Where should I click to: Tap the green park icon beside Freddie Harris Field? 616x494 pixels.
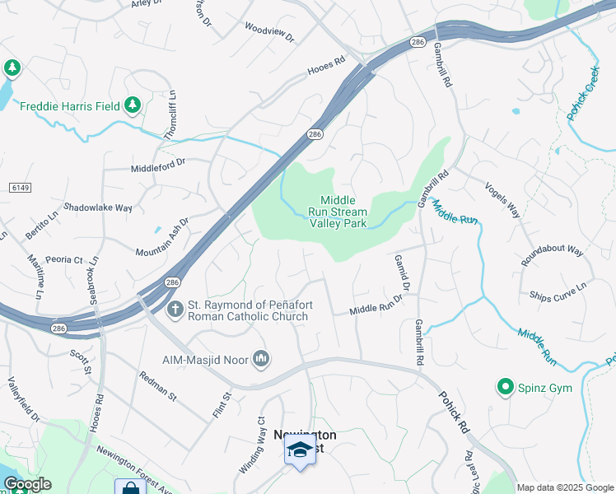(x=132, y=105)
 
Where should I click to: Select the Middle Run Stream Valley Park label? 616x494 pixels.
(x=338, y=212)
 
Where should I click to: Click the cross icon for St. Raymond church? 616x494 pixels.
(x=175, y=310)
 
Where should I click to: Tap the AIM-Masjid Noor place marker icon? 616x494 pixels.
(x=261, y=358)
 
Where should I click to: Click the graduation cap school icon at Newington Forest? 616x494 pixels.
(x=300, y=450)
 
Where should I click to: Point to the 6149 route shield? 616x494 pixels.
(x=20, y=189)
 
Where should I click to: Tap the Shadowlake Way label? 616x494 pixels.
(x=98, y=208)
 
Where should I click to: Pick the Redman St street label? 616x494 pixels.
(x=158, y=385)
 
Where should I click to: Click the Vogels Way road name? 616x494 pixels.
(x=502, y=199)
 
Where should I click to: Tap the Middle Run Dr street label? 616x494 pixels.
(x=376, y=307)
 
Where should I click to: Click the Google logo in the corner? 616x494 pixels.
(x=26, y=485)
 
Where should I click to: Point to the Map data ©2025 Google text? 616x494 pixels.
(x=565, y=487)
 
